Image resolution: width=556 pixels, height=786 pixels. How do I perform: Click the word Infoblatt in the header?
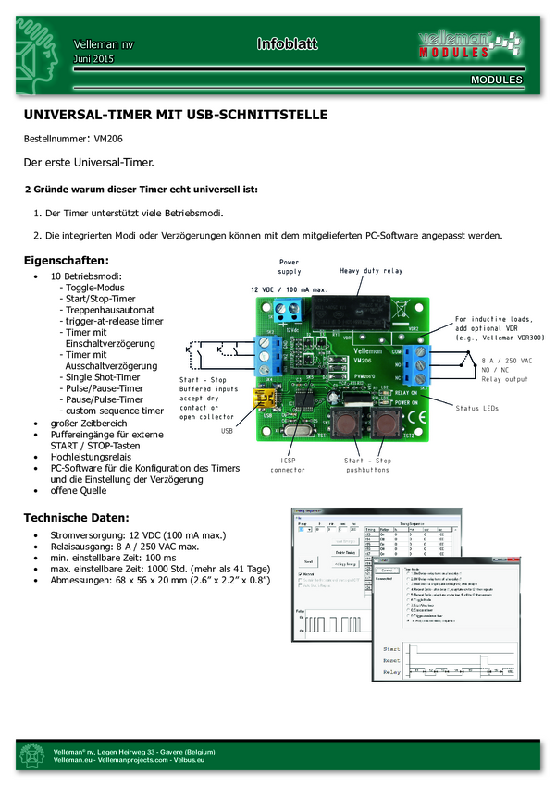[286, 44]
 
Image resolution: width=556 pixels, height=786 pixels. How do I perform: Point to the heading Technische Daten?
[76, 516]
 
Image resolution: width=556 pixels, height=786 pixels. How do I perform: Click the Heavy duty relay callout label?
[371, 271]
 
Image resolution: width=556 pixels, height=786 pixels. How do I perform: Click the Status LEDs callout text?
[479, 407]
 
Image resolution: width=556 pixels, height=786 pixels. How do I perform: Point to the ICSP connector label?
[287, 463]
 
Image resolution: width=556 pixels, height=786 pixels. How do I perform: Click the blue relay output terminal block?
[422, 364]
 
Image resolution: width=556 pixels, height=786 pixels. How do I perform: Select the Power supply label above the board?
[290, 267]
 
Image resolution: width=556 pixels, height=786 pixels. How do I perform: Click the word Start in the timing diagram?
[391, 649]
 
